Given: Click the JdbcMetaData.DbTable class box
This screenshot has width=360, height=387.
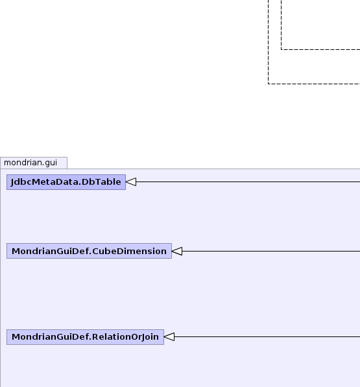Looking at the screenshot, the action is pyautogui.click(x=66, y=182).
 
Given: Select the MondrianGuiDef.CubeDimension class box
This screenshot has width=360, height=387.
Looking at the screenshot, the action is pyautogui.click(x=89, y=251).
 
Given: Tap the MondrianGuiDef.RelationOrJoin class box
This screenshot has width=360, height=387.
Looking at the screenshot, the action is pyautogui.click(x=85, y=337).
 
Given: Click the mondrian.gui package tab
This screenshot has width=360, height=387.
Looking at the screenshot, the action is pyautogui.click(x=34, y=163).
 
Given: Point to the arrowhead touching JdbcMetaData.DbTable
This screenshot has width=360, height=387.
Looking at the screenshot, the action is pyautogui.click(x=131, y=182).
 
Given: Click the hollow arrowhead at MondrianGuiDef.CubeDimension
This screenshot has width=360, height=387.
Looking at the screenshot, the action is pyautogui.click(x=177, y=252).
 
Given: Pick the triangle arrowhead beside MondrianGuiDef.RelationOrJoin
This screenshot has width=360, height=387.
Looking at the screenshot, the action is pyautogui.click(x=169, y=336).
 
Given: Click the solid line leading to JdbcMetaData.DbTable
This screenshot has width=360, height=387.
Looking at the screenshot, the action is pyautogui.click(x=248, y=182).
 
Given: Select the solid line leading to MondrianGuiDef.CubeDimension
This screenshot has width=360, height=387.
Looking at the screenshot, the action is pyautogui.click(x=271, y=252).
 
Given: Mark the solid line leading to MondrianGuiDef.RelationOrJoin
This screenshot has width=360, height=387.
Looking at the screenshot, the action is pyautogui.click(x=267, y=336).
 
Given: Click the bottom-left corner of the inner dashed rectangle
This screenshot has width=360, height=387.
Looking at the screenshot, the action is pyautogui.click(x=282, y=50).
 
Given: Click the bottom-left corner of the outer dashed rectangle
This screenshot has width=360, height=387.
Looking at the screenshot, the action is pyautogui.click(x=268, y=84).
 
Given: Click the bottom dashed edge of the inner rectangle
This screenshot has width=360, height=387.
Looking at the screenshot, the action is pyautogui.click(x=320, y=50).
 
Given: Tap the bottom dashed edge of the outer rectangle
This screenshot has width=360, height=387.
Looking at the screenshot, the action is pyautogui.click(x=314, y=84).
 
